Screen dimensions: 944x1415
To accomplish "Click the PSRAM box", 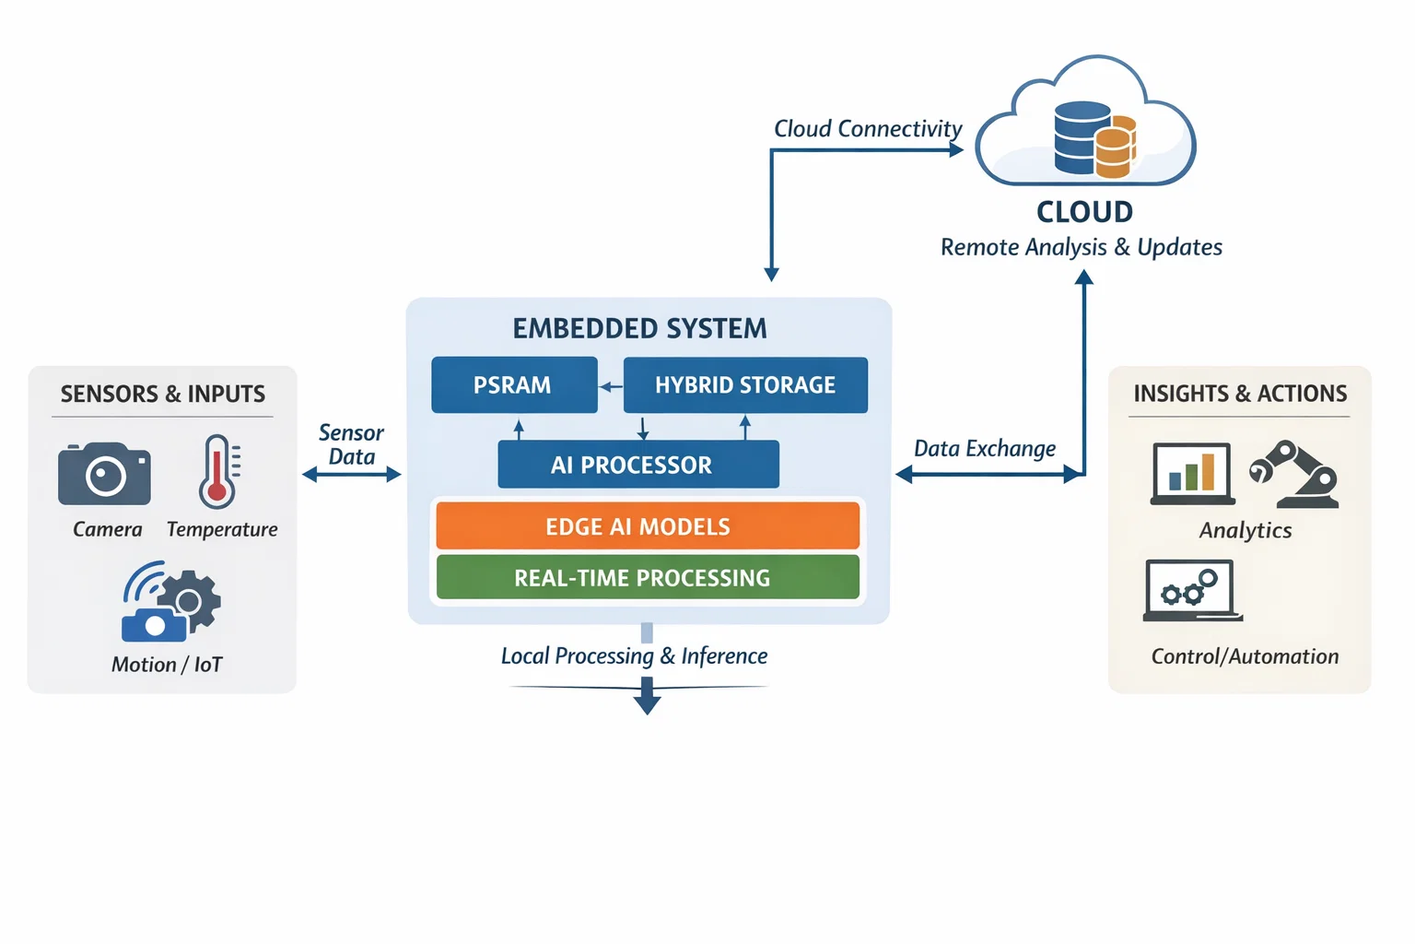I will [x=513, y=385].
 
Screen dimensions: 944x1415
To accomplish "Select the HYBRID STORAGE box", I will [x=745, y=385].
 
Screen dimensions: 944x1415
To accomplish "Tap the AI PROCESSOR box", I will [x=637, y=465].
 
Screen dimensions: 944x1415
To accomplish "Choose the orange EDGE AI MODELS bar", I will [x=647, y=526].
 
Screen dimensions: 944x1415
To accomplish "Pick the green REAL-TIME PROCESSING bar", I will [x=647, y=578].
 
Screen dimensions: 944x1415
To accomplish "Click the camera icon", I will [x=104, y=474].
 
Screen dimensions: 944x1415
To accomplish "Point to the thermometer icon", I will [x=218, y=471].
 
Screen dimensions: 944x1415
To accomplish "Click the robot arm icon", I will [x=1296, y=474].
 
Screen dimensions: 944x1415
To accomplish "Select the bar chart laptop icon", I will [x=1193, y=474].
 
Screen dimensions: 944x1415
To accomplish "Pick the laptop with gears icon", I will [x=1191, y=591].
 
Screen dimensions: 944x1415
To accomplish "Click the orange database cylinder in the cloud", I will [x=1115, y=147].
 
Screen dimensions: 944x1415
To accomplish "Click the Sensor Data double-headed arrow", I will [x=352, y=475].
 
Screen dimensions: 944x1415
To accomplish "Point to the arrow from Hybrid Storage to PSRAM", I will [x=611, y=387].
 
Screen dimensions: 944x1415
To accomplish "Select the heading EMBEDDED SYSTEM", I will [x=639, y=329].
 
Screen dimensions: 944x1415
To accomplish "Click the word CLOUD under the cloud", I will [x=1084, y=212].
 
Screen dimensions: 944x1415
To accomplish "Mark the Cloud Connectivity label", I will [x=868, y=129].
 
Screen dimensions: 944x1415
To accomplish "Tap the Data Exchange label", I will [x=985, y=449].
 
